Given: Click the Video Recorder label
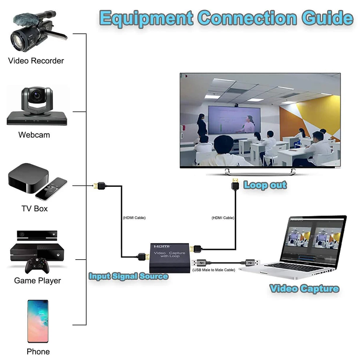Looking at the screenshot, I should coord(36,61).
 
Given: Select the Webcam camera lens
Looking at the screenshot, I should coord(36,96).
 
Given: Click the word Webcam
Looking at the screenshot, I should coord(34,135).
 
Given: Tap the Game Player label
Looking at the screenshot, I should coord(37,281).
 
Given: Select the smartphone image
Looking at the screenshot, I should coord(38,321).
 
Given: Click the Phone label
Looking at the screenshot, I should coord(38,352).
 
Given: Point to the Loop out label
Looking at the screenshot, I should coord(265,185).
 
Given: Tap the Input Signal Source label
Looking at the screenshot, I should coord(128,276).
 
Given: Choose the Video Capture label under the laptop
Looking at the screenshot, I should coord(304,289).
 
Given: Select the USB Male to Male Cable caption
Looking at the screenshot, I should coord(213,270).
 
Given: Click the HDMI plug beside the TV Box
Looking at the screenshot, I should coord(99,186).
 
